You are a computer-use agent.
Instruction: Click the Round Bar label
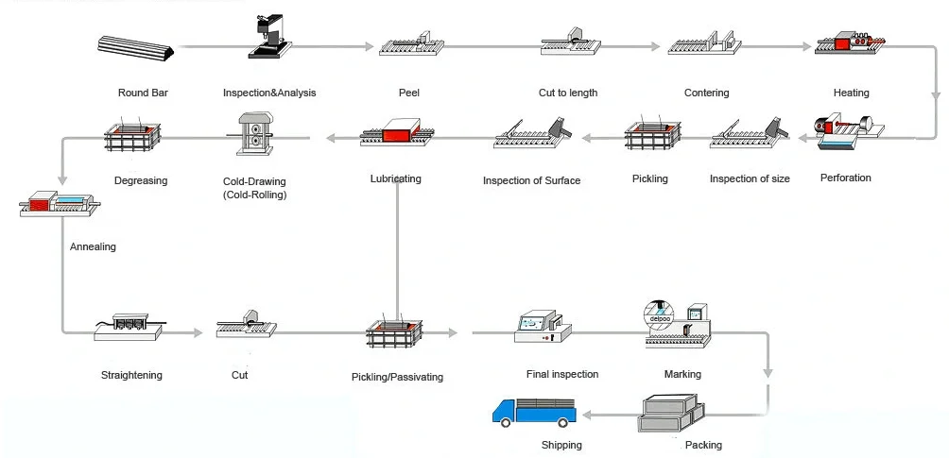pos(143,93)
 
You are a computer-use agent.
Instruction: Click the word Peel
pos(408,93)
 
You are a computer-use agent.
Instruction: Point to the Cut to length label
pos(567,93)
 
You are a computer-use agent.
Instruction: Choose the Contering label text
pos(706,93)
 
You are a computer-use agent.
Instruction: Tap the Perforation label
pos(845,178)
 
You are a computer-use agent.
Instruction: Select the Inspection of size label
pos(750,178)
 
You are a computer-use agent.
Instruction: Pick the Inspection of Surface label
pos(531,180)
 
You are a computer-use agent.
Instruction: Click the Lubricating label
pos(396,178)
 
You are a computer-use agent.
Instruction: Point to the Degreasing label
pos(140,180)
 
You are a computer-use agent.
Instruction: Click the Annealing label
pos(93,246)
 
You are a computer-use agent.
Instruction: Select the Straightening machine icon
pos(130,324)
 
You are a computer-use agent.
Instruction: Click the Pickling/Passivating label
pos(396,377)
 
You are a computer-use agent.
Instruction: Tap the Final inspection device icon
pos(543,326)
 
